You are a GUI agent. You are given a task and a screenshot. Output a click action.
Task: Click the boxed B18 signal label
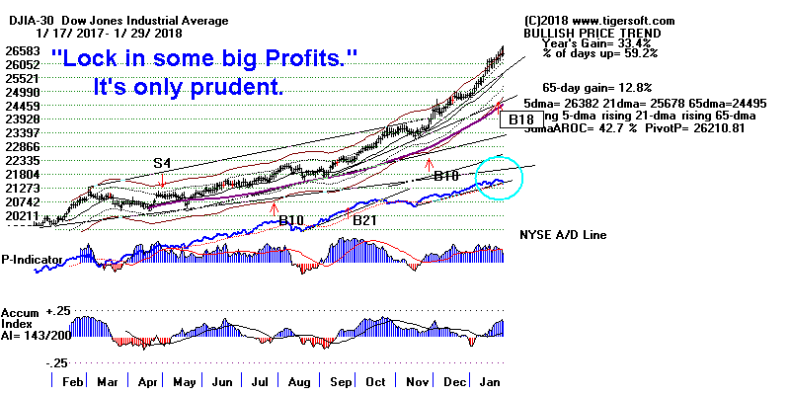coord(517,119)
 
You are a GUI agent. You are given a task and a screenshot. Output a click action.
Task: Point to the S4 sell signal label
coord(162,163)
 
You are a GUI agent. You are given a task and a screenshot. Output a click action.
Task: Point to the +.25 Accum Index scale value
coord(57,310)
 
